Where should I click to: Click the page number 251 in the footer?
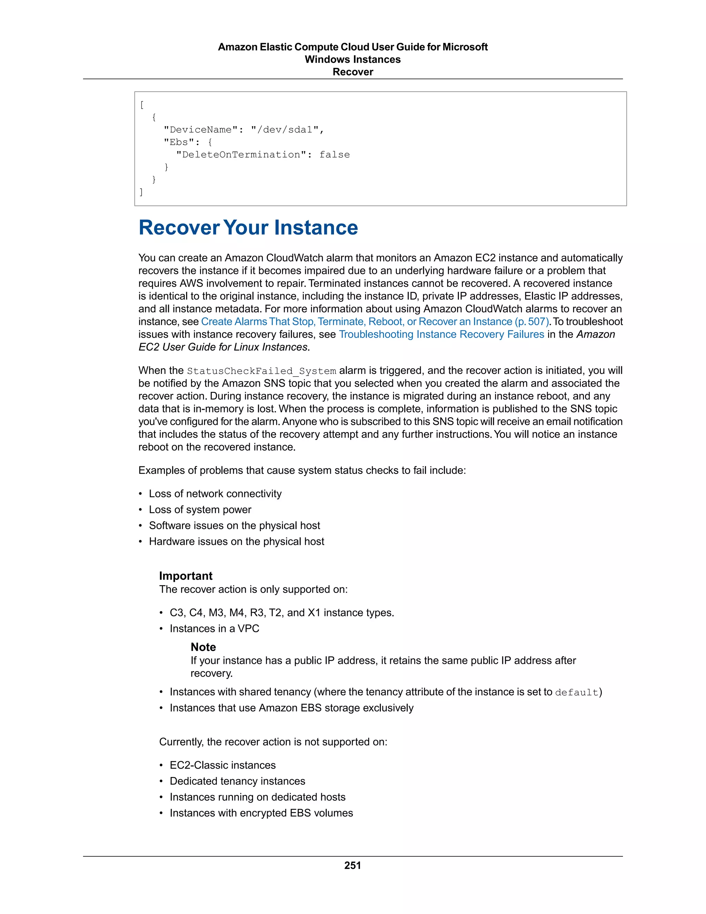[353, 865]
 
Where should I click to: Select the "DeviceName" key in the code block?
[200, 130]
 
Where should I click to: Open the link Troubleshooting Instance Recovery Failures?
[441, 334]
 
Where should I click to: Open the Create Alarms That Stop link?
[375, 321]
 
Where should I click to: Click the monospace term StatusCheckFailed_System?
[261, 371]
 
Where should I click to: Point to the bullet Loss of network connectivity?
[215, 494]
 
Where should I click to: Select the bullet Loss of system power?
[200, 510]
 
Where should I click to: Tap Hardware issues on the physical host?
[236, 542]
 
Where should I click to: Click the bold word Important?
[186, 576]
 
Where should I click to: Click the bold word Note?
[203, 647]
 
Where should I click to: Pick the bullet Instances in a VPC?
[214, 628]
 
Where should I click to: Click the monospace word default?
[576, 693]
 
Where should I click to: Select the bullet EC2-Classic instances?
[222, 765]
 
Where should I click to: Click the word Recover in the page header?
[353, 72]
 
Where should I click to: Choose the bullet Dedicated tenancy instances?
[237, 781]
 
